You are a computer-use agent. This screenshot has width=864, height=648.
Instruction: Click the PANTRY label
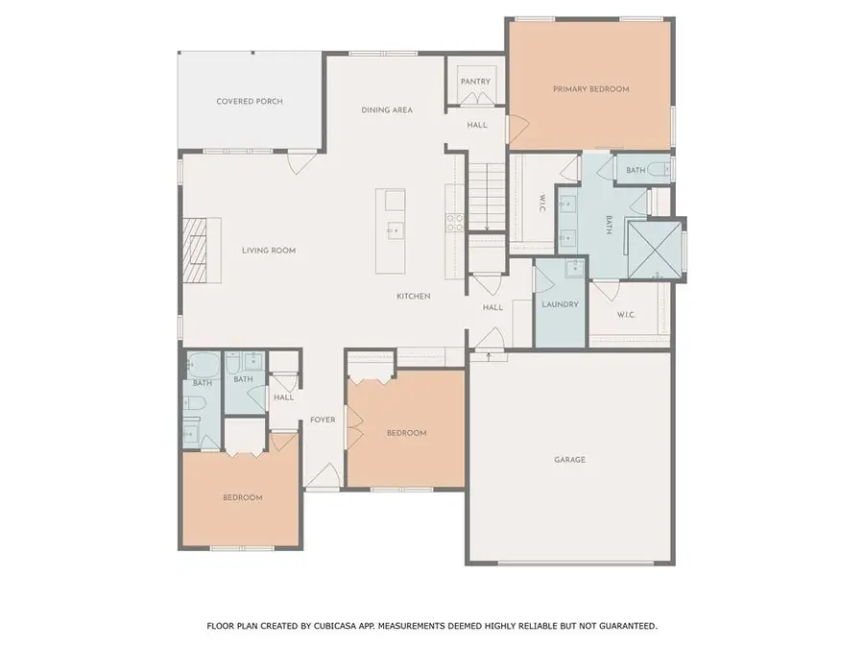tap(475, 82)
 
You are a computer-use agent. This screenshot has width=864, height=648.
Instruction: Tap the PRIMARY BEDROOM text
tap(590, 89)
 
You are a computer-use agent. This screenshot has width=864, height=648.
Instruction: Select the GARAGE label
tap(569, 459)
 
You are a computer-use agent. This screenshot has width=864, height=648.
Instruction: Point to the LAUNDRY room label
tap(560, 304)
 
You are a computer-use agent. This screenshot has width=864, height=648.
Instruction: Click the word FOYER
tap(322, 420)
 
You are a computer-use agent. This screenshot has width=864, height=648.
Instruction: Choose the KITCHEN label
tap(414, 296)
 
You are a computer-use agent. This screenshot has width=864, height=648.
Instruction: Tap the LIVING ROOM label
tap(269, 251)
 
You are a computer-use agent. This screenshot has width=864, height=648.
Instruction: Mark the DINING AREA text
tap(387, 110)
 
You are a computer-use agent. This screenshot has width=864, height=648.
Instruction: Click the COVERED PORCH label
tap(250, 101)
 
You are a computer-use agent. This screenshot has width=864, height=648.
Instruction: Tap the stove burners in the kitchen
tap(455, 223)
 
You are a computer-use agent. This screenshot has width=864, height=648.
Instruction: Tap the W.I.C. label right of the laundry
tap(626, 314)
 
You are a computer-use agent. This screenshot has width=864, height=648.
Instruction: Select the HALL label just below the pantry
tap(477, 125)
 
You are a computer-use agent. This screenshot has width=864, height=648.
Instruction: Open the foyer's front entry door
tap(322, 490)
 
